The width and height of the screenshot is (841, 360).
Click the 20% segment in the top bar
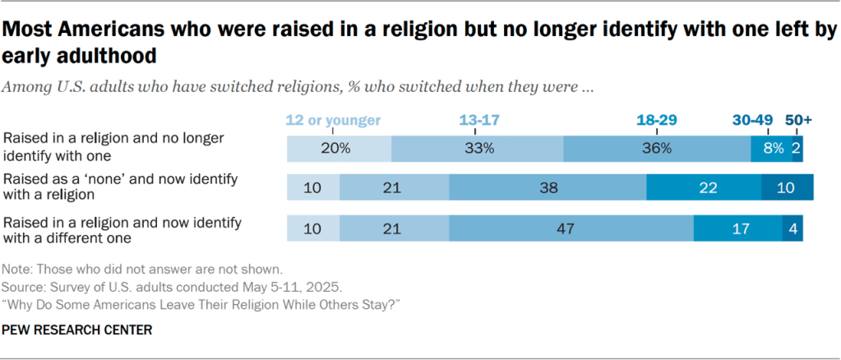339,149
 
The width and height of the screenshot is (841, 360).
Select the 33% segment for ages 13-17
477,149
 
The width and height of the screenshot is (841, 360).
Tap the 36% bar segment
657,149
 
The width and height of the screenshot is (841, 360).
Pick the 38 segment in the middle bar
548,188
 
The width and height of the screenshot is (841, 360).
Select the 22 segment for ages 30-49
704,188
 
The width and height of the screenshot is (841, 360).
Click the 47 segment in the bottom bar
571,228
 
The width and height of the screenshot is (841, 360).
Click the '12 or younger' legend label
333,120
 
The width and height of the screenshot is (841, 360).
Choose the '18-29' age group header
657,120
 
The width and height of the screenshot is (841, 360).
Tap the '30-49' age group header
751,120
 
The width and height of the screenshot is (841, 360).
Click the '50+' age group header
797,120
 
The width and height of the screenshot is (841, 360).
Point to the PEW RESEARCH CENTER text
76,330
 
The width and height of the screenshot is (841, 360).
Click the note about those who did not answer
143,269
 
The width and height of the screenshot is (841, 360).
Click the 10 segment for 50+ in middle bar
787,188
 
